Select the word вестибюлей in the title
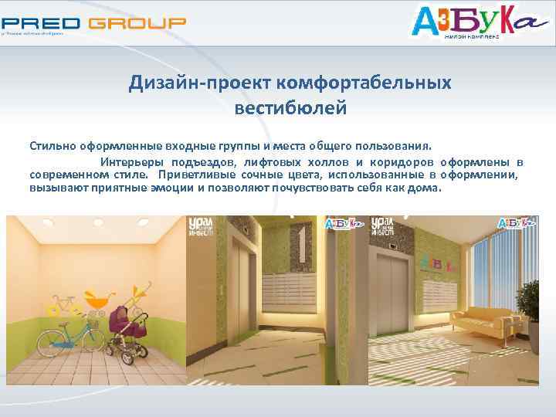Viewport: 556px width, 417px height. [290, 107]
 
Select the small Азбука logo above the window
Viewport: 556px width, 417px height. [517, 223]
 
